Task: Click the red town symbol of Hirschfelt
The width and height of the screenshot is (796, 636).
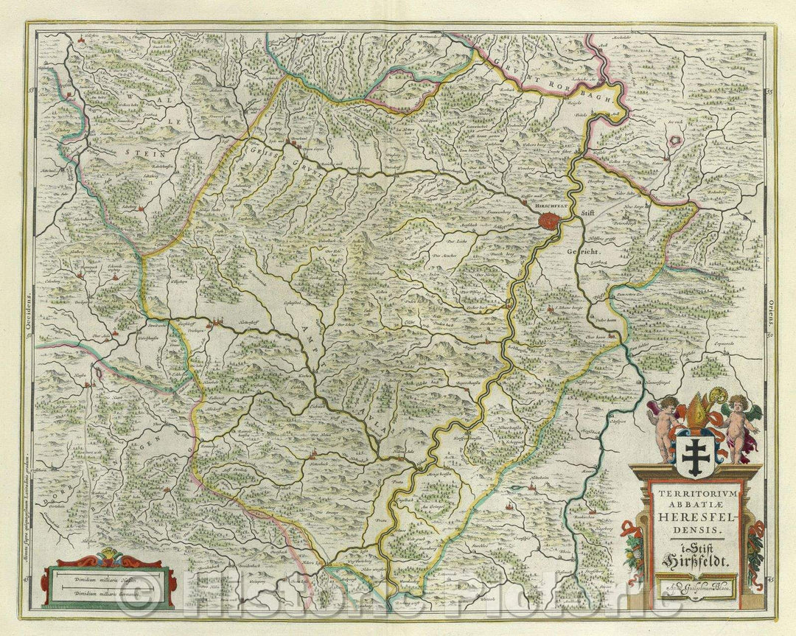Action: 548,220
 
